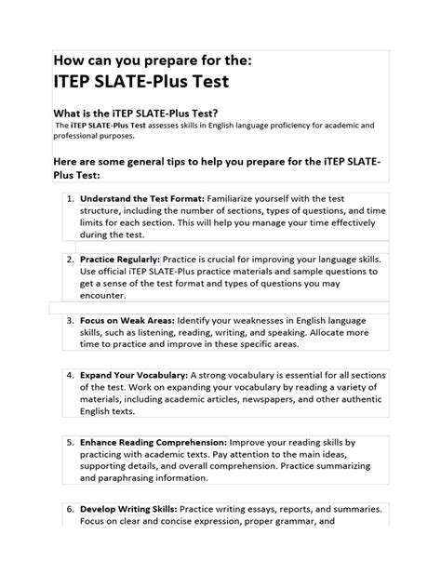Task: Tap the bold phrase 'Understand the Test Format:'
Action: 142,198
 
